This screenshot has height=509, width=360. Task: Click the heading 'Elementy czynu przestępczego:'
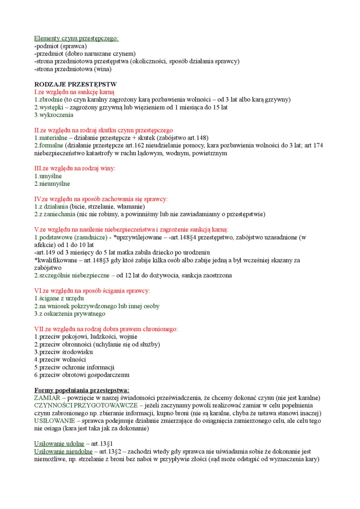tap(76, 38)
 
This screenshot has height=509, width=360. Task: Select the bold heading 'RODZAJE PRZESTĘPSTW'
tap(75, 84)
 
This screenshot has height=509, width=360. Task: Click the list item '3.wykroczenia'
tap(54, 115)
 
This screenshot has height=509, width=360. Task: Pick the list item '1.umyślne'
tap(48, 176)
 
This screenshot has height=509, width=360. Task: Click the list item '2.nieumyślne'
tap(52, 184)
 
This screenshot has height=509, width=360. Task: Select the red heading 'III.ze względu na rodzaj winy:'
tap(74, 168)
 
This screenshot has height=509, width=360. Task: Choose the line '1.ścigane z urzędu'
tap(59, 298)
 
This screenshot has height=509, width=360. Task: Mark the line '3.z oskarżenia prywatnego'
tap(70, 313)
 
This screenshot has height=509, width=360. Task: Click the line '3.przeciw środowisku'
tap(63, 352)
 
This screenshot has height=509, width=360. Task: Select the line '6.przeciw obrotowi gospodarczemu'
tap(81, 375)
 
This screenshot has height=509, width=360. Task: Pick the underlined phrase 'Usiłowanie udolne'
tap(59, 444)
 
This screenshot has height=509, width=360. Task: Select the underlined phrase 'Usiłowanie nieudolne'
tap(63, 451)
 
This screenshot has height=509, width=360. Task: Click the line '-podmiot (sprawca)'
tap(60, 46)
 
